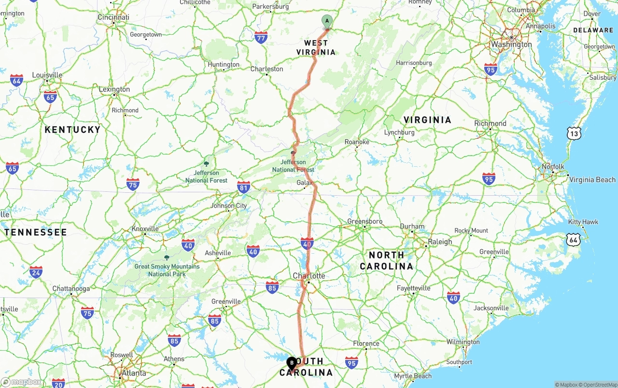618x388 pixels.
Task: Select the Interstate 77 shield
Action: [261, 37]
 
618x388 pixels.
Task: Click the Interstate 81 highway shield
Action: [244, 187]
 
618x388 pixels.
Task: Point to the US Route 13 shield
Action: [574, 133]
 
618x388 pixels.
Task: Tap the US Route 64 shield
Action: [574, 239]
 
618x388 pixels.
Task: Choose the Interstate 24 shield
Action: [36, 272]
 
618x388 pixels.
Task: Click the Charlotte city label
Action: [309, 276]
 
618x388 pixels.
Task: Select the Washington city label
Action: [511, 44]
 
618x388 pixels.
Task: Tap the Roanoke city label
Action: [357, 142]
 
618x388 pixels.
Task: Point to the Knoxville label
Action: [145, 229]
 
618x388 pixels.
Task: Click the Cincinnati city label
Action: [113, 17]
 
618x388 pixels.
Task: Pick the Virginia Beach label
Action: [592, 180]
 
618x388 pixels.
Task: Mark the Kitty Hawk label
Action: [583, 222]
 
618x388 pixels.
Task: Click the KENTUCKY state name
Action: [72, 129]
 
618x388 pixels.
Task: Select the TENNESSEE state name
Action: [36, 232]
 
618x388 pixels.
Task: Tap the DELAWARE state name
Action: [593, 30]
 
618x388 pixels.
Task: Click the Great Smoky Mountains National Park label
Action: [167, 270]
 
